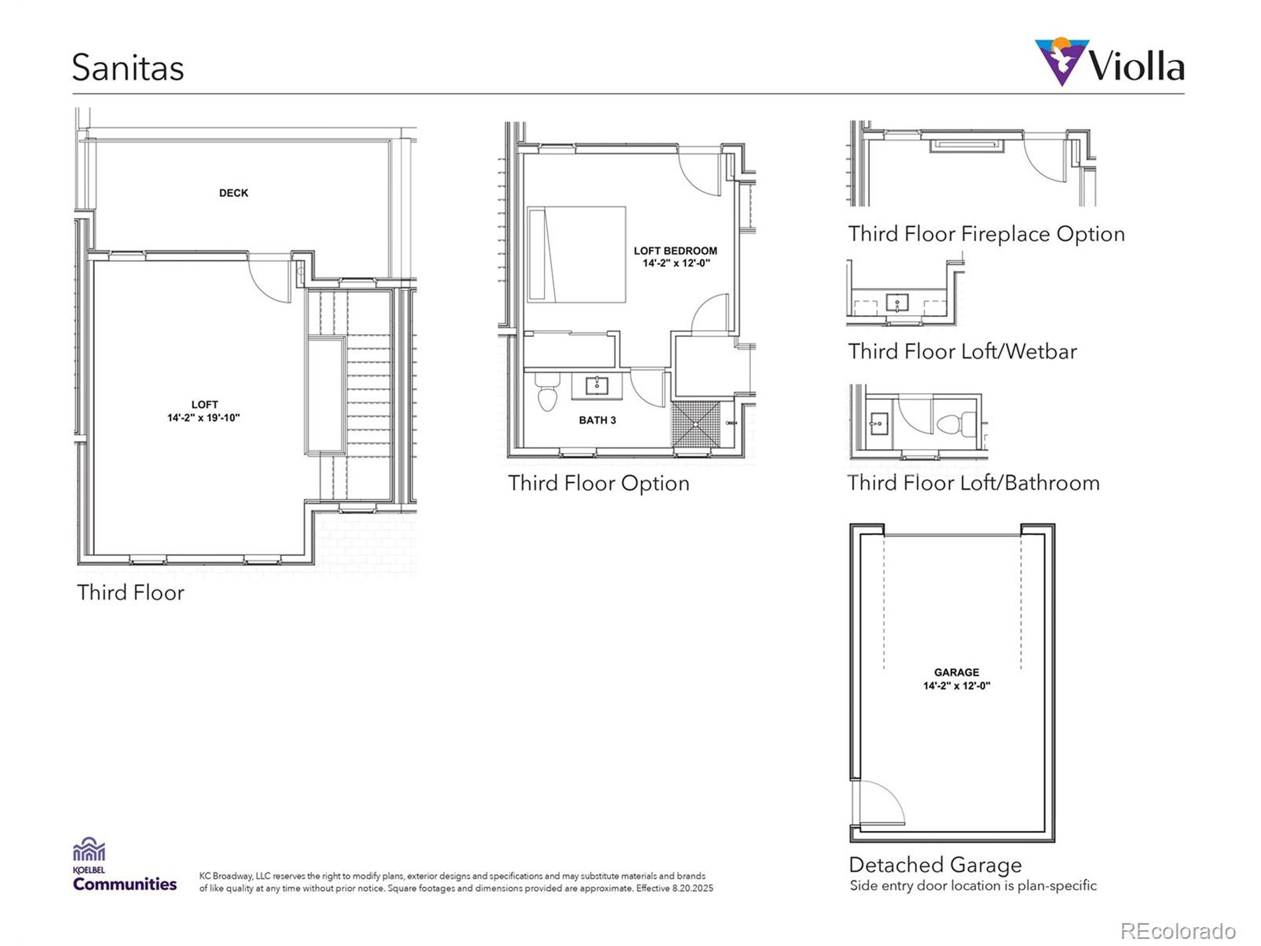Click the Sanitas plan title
pyautogui.click(x=128, y=68)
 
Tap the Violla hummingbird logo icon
pyautogui.click(x=1061, y=61)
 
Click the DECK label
pyautogui.click(x=233, y=193)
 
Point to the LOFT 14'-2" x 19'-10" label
pyautogui.click(x=203, y=411)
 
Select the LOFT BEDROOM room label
pyautogui.click(x=675, y=257)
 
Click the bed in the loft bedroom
pyautogui.click(x=576, y=254)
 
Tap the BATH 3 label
pyautogui.click(x=597, y=420)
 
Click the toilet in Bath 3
pyautogui.click(x=547, y=394)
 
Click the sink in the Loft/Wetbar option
pyautogui.click(x=897, y=302)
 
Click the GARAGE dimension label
pyautogui.click(x=956, y=678)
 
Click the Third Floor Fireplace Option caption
pyautogui.click(x=986, y=234)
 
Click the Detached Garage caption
pyautogui.click(x=935, y=865)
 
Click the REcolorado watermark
pyautogui.click(x=1178, y=931)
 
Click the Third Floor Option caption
pyautogui.click(x=598, y=483)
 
